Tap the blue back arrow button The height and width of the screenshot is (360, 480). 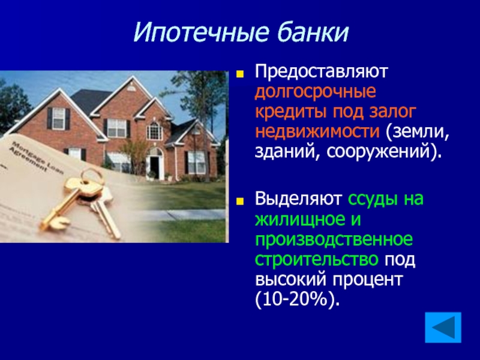pos(443,327)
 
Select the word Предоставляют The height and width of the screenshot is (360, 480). pos(322,71)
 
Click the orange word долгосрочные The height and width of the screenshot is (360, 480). pos(316,92)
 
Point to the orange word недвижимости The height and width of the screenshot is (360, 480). pos(317,131)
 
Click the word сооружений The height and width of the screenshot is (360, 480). pos(381,152)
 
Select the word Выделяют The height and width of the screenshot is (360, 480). pos(298,199)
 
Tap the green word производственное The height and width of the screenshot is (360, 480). pos(334,240)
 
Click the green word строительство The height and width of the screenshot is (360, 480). pos(317,259)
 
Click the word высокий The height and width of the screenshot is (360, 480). pos(290,280)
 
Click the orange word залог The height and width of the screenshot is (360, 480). pos(393,112)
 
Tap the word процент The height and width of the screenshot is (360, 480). pos(367,280)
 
